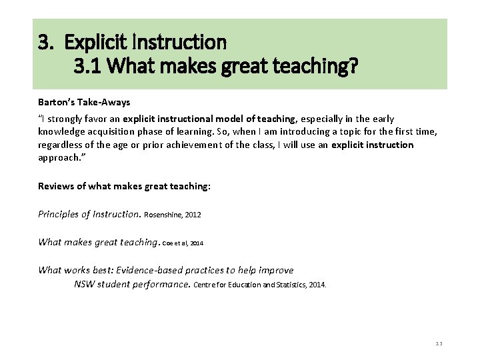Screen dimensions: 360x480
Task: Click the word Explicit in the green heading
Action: pos(91,43)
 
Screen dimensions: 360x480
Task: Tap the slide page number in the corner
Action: pos(439,343)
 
